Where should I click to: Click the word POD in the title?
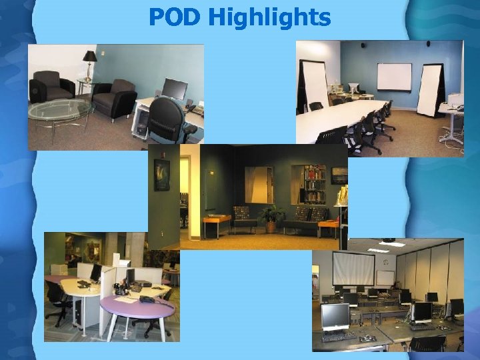175,17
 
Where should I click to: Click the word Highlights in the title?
269,18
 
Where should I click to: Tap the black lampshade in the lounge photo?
90,56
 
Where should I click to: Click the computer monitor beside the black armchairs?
175,89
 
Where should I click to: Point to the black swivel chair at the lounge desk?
167,120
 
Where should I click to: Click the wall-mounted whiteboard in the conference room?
394,76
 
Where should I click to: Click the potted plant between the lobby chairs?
271,217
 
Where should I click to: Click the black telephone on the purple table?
146,299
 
